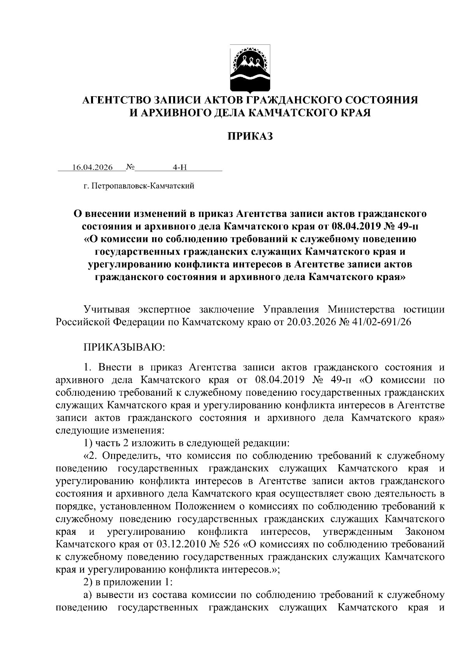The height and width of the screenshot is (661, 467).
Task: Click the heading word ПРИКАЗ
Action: click(250, 136)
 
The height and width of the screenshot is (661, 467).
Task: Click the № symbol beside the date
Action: click(130, 167)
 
